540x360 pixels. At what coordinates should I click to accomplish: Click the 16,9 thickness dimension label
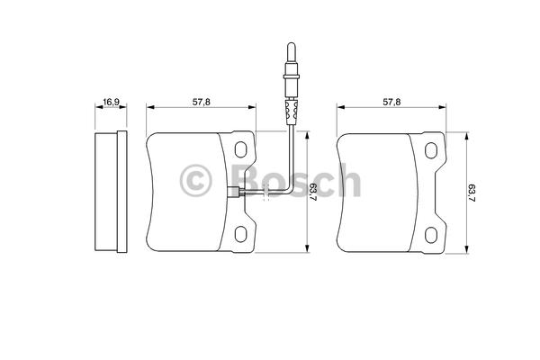pos(111,102)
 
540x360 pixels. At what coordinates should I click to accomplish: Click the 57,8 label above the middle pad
pos(201,102)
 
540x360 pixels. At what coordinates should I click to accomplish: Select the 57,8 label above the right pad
pos(391,102)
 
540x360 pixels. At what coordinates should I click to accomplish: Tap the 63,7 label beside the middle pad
pos(313,193)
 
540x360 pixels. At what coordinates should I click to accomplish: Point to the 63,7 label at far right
pos(472,193)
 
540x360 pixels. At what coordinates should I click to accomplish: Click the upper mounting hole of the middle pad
pos(240,149)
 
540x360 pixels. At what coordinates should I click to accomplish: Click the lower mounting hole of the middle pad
pos(240,234)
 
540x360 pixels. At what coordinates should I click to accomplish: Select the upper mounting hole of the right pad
pos(431,150)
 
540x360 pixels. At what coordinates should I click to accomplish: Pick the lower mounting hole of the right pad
pos(431,235)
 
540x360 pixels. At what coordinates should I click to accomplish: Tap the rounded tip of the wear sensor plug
pos(291,46)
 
